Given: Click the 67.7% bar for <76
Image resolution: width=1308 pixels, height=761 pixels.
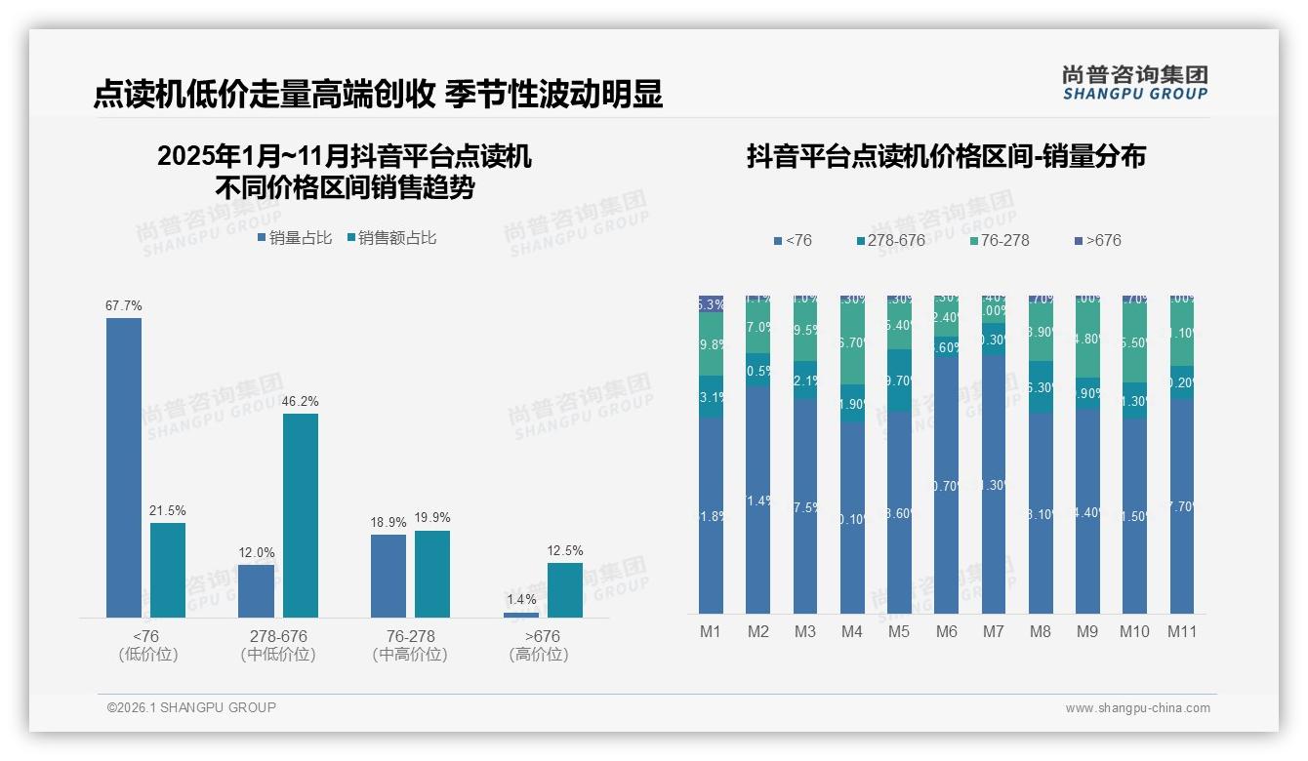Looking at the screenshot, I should click(x=124, y=467).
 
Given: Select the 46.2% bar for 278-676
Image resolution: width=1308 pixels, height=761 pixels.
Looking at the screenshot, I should click(x=301, y=515).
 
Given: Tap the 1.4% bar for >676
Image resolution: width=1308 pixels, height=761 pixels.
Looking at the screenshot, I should click(x=521, y=615).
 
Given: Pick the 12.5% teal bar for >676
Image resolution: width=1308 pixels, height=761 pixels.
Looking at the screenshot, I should click(x=565, y=590).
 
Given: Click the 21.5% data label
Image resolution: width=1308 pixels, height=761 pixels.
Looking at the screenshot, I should click(x=168, y=510).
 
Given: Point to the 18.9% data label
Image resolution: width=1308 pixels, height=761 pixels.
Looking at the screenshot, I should click(x=388, y=523).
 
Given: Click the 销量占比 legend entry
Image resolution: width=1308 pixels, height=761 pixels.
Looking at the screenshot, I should click(x=295, y=237).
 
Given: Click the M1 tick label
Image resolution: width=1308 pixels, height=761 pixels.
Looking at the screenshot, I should click(x=711, y=631).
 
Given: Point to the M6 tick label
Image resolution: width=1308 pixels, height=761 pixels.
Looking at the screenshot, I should click(x=947, y=631).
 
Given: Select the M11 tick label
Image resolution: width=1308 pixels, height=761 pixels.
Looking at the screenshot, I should click(x=1182, y=631).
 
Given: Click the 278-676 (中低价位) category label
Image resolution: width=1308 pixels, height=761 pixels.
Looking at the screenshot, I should click(x=278, y=645).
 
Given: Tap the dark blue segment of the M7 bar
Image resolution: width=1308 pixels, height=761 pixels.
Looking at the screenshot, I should click(x=994, y=483).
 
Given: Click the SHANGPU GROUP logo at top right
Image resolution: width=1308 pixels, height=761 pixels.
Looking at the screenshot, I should click(x=1134, y=83).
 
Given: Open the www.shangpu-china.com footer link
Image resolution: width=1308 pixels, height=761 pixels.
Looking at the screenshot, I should click(x=1137, y=708).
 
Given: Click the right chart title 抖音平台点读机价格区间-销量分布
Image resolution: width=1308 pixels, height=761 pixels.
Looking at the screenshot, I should click(x=946, y=156).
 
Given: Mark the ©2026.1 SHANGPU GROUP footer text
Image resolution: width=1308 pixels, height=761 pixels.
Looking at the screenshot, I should click(x=191, y=707).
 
